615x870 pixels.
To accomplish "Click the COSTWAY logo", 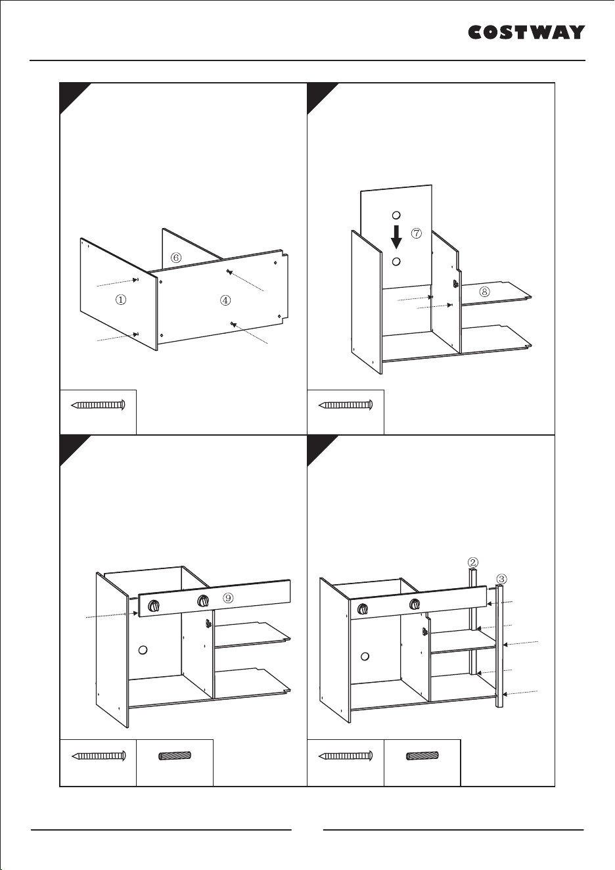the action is pyautogui.click(x=526, y=33).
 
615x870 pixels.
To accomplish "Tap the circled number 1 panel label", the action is pyautogui.click(x=121, y=300).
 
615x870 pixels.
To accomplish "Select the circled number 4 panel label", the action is pyautogui.click(x=225, y=300).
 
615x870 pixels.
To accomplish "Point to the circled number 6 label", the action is pyautogui.click(x=176, y=258).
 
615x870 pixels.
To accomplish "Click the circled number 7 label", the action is pyautogui.click(x=416, y=233).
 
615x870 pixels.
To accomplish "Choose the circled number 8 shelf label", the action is pyautogui.click(x=484, y=291).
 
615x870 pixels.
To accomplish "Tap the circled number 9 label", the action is pyautogui.click(x=228, y=598).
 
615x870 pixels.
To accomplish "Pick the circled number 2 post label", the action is pyautogui.click(x=472, y=562).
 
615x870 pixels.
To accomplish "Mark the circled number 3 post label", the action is pyautogui.click(x=501, y=579).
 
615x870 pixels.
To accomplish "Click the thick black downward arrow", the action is pyautogui.click(x=396, y=237).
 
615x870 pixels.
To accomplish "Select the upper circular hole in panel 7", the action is pyautogui.click(x=396, y=215).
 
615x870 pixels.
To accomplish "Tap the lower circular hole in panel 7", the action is pyautogui.click(x=396, y=262).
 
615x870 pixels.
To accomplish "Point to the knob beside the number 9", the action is pyautogui.click(x=202, y=602).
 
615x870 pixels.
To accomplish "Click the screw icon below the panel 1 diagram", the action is pyautogui.click(x=99, y=405).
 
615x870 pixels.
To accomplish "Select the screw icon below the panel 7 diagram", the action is pyautogui.click(x=346, y=405).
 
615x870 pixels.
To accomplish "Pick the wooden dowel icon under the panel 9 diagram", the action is pyautogui.click(x=175, y=756).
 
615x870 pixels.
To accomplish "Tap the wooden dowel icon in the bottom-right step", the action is pyautogui.click(x=422, y=756).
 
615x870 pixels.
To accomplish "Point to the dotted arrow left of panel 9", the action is pyautogui.click(x=112, y=615).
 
